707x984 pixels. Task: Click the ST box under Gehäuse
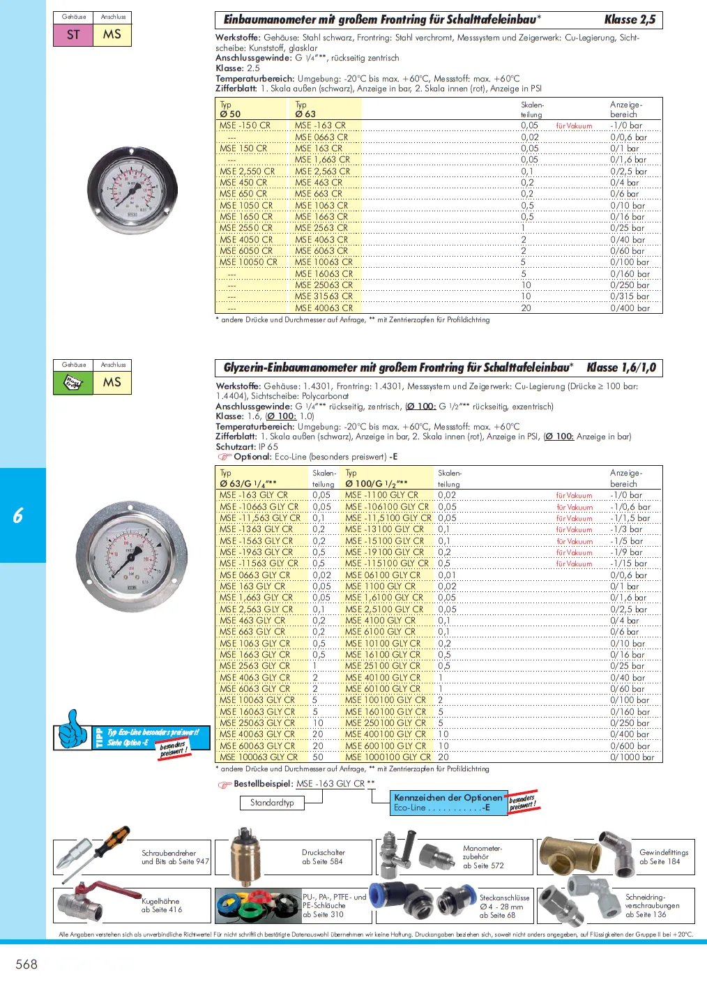(x=73, y=35)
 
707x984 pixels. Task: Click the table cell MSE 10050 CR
(x=248, y=262)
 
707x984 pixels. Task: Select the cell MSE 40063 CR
(x=324, y=308)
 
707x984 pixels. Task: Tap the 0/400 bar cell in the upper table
(x=630, y=308)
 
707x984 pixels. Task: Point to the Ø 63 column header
(x=305, y=114)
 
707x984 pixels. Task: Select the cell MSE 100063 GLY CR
(x=259, y=757)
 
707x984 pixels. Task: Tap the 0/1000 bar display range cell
(x=632, y=757)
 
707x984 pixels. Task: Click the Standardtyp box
(x=272, y=803)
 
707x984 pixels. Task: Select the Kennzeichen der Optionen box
(x=448, y=802)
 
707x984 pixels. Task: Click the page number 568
(x=26, y=964)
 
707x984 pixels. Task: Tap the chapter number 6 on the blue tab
(x=18, y=515)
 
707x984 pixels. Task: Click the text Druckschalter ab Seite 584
(x=323, y=856)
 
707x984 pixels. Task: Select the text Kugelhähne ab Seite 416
(x=161, y=905)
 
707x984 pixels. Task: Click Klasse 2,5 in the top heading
(x=630, y=20)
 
